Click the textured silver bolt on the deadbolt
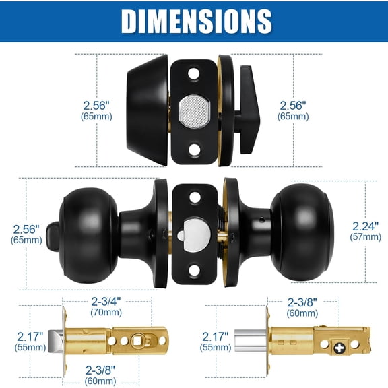point(193,108)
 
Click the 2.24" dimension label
point(366,226)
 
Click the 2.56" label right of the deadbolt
point(293,105)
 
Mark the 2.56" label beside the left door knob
point(26,228)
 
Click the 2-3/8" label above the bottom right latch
point(302,302)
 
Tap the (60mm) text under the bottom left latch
point(100,381)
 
